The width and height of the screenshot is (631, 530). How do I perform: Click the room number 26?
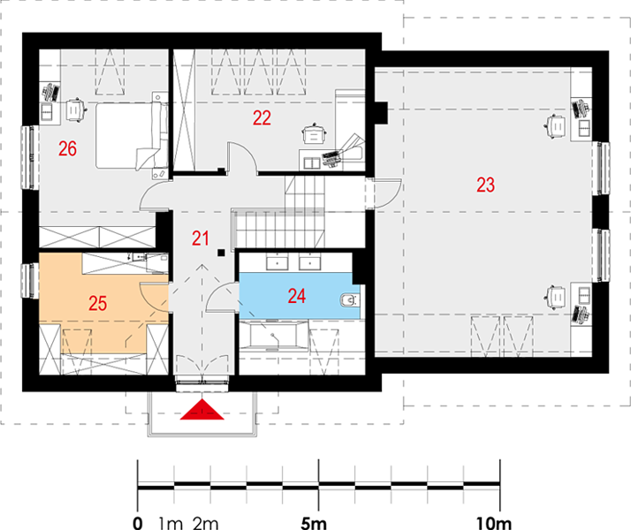click(x=67, y=148)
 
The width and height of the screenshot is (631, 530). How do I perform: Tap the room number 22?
click(x=262, y=117)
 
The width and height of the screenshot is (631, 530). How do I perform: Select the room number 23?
click(x=485, y=185)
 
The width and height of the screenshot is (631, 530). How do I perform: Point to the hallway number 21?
click(x=200, y=238)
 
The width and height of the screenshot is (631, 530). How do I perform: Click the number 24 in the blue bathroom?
click(x=297, y=296)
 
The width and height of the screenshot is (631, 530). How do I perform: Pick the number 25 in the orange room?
click(x=98, y=303)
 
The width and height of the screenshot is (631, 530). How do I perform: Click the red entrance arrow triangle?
click(x=201, y=409)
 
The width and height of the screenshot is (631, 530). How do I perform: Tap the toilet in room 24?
click(x=349, y=300)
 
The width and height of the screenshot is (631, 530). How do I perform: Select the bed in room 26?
click(x=132, y=135)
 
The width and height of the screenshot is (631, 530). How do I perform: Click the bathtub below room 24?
click(x=273, y=336)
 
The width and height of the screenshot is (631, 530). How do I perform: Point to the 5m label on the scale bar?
click(x=314, y=523)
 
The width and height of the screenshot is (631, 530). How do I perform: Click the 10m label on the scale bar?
click(x=493, y=523)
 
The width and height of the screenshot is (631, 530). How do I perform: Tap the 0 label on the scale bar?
click(x=138, y=523)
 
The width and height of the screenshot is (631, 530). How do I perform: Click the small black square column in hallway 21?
click(x=221, y=253)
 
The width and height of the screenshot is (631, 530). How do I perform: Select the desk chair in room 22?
click(x=315, y=134)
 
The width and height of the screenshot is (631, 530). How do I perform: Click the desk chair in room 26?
click(x=75, y=109)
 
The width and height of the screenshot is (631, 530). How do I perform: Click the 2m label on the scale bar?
click(x=205, y=523)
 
